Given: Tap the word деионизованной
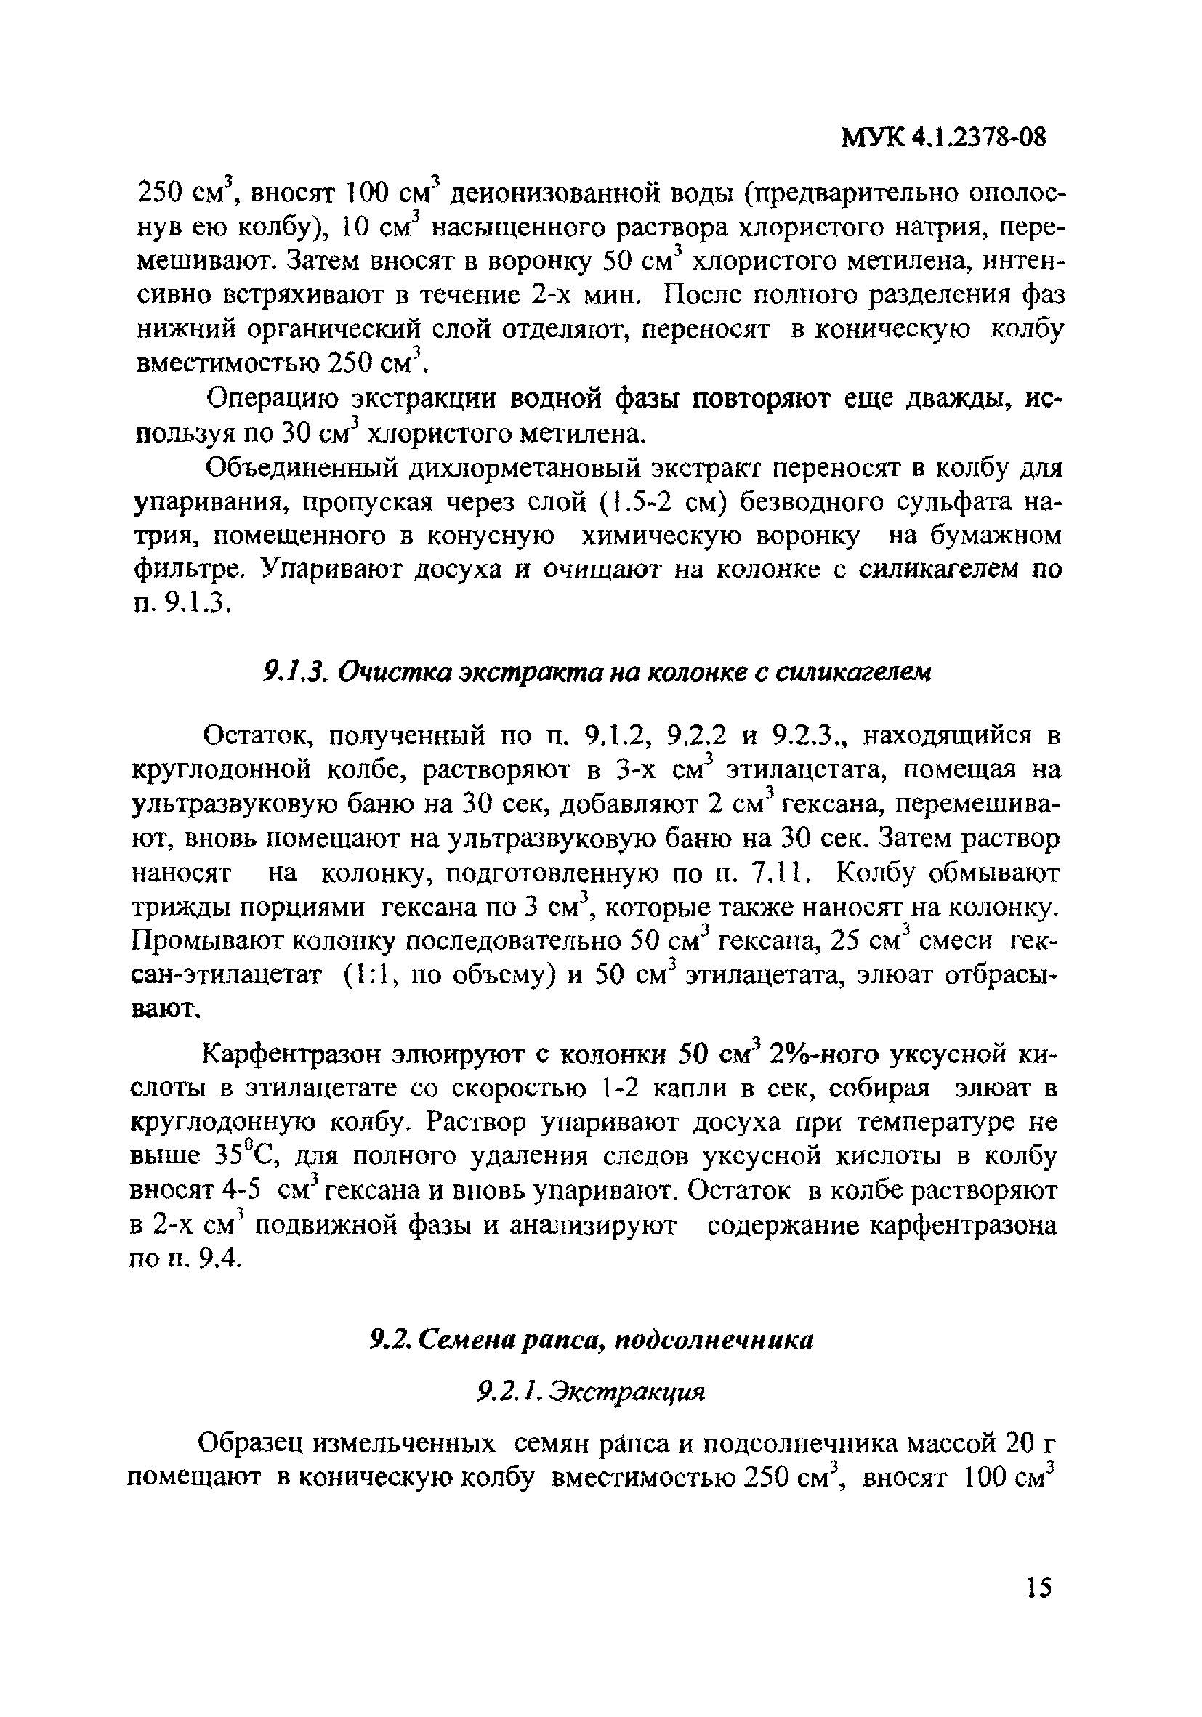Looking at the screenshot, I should [569, 195].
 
